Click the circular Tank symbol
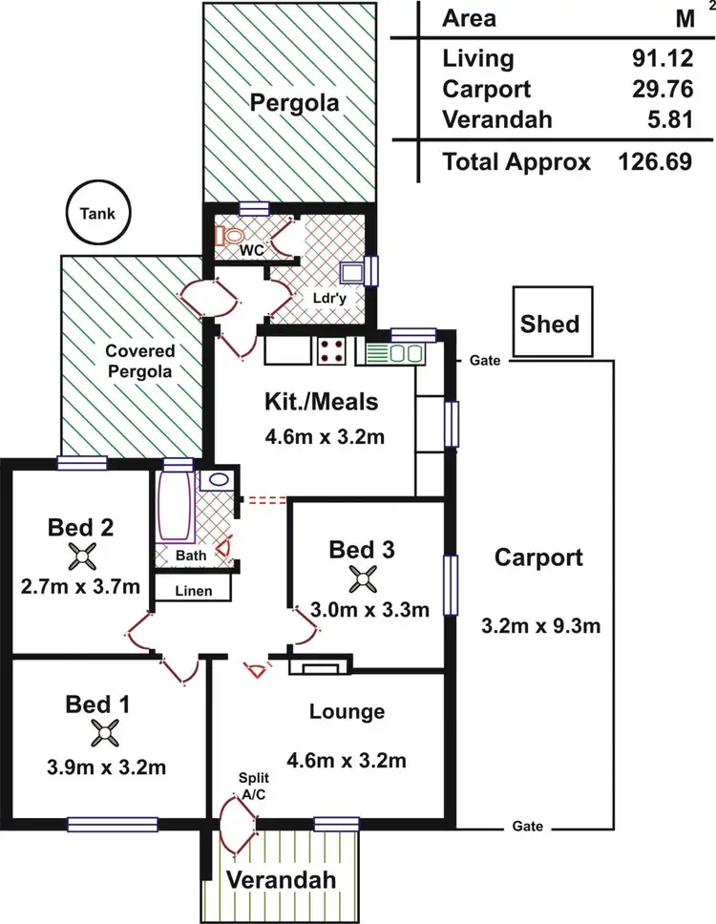point(97,214)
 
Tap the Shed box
point(550,324)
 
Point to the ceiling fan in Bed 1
point(104,733)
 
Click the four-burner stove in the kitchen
point(333,351)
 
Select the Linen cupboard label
point(193,591)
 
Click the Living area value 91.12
point(659,59)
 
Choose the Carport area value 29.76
point(659,90)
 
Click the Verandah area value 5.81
point(665,120)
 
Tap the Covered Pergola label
point(139,361)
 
